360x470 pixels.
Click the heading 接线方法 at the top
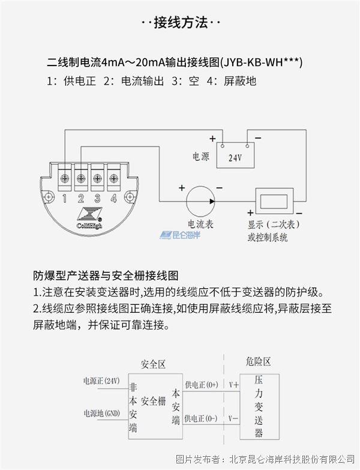181,23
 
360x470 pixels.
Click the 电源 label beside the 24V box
200,157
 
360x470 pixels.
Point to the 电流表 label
200,224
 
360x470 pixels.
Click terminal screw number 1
65,177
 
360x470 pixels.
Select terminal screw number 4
113,177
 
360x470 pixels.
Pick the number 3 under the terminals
97,199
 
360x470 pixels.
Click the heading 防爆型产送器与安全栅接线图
106,276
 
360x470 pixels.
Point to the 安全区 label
152,364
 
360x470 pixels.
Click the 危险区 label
258,361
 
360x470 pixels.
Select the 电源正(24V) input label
101,381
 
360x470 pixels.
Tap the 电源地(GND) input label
101,414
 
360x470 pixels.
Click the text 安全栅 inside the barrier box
154,401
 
